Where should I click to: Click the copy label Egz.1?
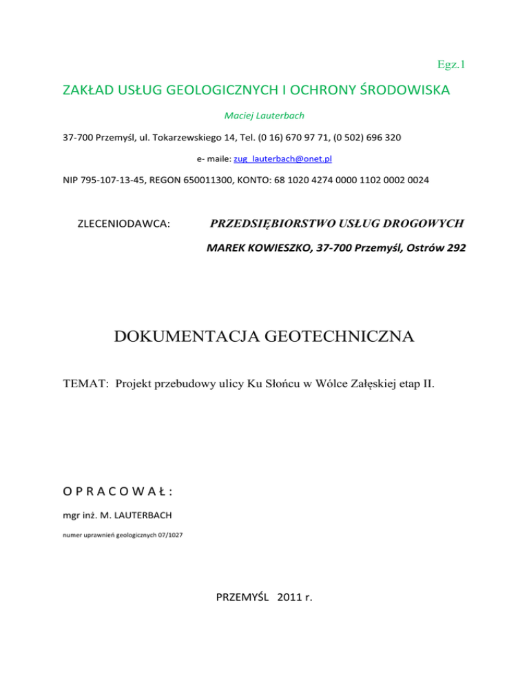(452, 65)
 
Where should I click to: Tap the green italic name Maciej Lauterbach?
(264, 114)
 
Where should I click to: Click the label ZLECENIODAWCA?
(125, 224)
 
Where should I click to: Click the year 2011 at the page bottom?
(292, 597)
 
